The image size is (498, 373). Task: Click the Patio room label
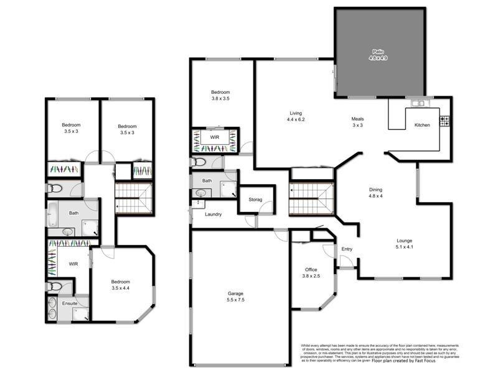click(377, 55)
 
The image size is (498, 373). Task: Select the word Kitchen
click(422, 126)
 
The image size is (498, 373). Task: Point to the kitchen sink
click(416, 103)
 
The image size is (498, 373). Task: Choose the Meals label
click(357, 122)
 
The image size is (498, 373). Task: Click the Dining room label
click(375, 193)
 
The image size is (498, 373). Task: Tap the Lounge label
click(405, 244)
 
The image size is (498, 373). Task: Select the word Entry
click(347, 250)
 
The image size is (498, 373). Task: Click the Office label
click(311, 273)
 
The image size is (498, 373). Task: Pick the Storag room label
click(256, 200)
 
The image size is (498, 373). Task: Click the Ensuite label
click(70, 303)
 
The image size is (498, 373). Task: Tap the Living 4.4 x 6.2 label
click(295, 116)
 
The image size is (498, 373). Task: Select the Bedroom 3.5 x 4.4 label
click(120, 285)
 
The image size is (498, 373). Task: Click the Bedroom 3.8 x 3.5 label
click(220, 95)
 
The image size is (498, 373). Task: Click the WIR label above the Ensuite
click(73, 264)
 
